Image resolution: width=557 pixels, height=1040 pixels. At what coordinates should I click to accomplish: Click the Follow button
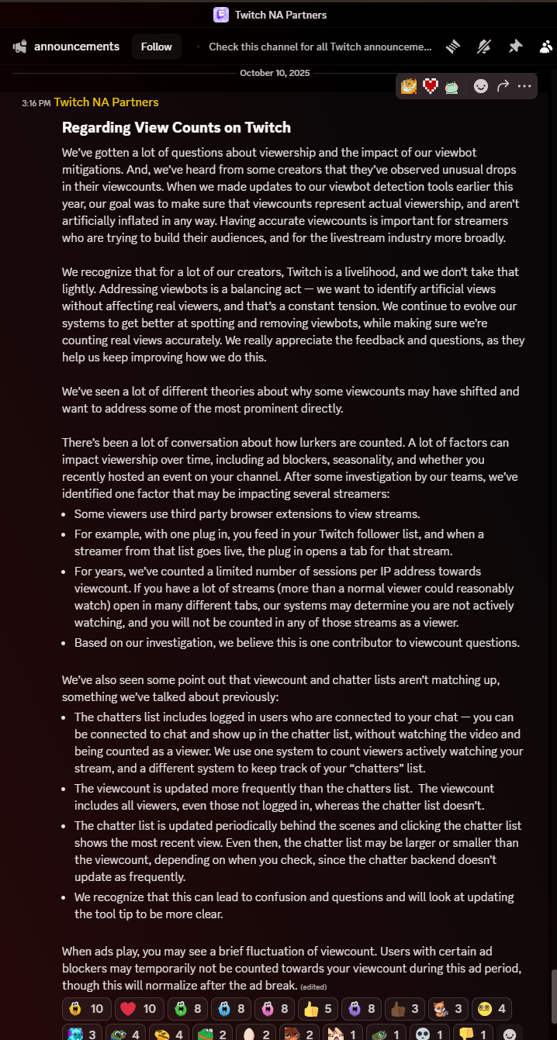(x=156, y=47)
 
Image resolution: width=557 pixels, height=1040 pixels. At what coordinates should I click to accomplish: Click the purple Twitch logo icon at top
(x=221, y=15)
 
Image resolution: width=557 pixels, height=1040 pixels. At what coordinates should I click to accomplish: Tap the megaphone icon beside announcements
(x=19, y=47)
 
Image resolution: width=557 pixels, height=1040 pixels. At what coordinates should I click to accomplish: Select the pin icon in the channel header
(x=515, y=47)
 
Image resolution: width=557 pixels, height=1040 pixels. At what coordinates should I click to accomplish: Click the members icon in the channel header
(x=545, y=47)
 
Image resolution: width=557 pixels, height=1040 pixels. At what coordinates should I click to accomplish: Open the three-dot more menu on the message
(x=524, y=86)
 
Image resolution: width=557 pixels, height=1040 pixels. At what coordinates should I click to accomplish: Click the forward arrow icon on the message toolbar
(x=503, y=86)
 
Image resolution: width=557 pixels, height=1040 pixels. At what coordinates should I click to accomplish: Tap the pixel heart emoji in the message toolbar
(x=431, y=86)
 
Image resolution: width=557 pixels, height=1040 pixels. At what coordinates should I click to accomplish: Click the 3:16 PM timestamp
(x=36, y=103)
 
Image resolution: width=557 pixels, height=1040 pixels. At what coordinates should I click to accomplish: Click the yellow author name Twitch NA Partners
(x=106, y=102)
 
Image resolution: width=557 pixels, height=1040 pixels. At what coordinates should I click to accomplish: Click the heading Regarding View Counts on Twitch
(x=176, y=127)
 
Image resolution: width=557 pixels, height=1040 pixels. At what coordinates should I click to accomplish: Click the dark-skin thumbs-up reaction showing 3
(x=404, y=1009)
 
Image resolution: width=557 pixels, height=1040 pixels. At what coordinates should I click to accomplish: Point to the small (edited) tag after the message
(x=313, y=987)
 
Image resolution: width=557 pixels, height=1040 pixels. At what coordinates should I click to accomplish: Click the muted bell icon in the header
(x=484, y=47)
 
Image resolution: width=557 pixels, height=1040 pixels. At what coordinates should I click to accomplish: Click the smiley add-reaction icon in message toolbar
(x=481, y=86)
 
